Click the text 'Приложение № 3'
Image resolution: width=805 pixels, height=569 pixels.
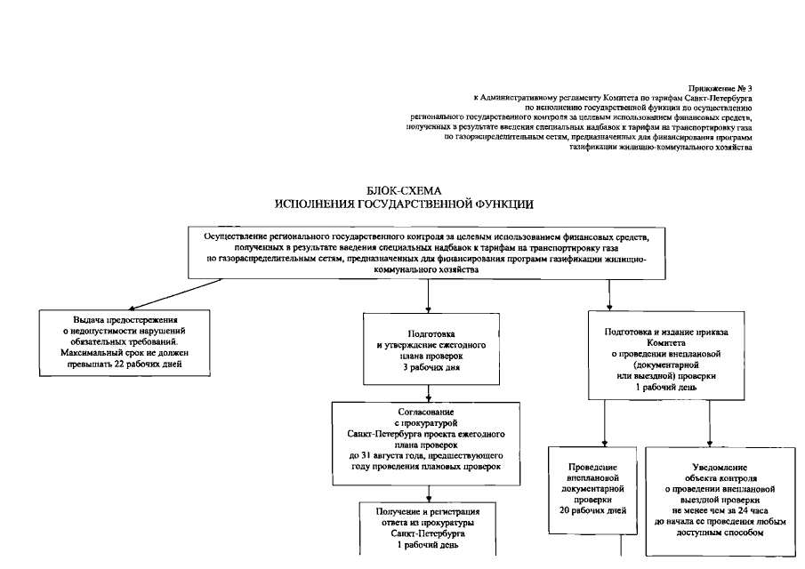pos(720,88)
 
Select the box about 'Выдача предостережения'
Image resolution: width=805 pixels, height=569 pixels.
pos(125,342)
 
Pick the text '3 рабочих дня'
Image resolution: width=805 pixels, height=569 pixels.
pos(430,366)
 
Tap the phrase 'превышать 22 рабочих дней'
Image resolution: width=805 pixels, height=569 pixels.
pos(125,364)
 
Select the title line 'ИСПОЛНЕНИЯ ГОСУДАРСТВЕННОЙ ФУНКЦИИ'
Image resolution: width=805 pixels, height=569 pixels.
pos(405,204)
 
